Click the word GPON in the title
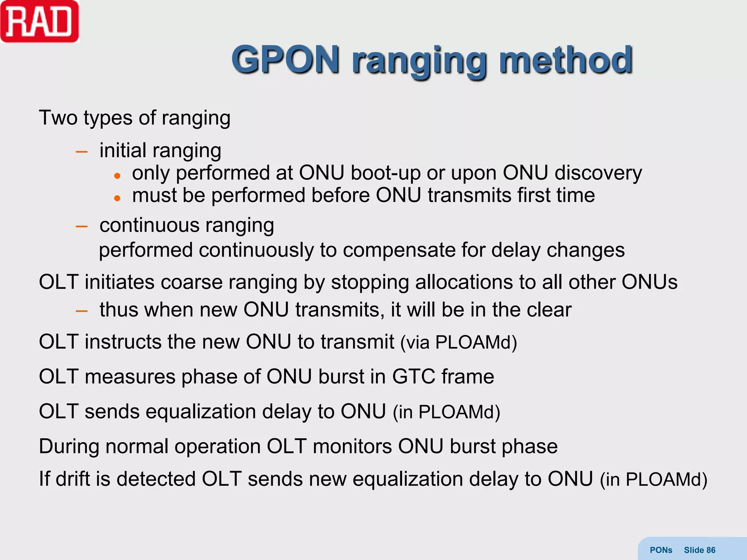click(285, 59)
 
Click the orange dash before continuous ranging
click(81, 226)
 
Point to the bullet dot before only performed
click(117, 176)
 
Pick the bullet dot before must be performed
click(117, 198)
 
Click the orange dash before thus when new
click(81, 311)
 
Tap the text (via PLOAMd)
click(458, 342)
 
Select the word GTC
click(414, 377)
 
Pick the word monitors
click(352, 447)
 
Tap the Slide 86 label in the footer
click(699, 550)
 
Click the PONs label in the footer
click(661, 550)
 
